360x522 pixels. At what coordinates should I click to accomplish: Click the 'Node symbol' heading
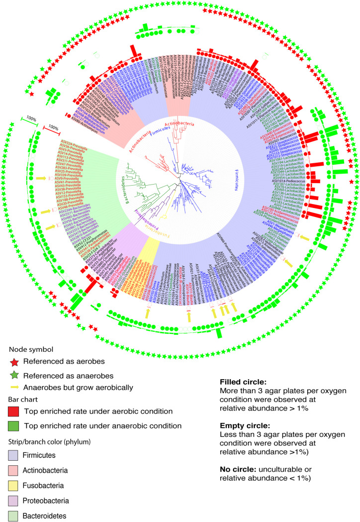(x=29, y=349)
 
